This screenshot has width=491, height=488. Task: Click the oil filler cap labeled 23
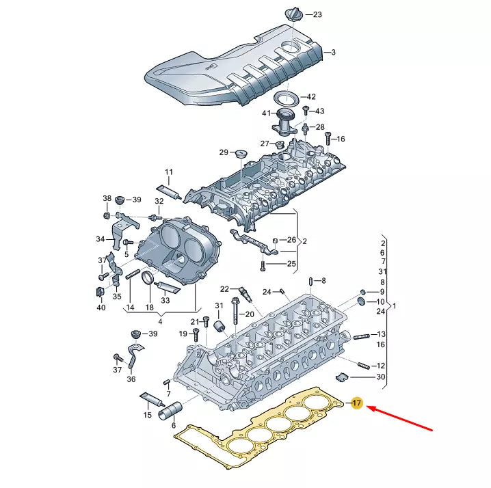click(x=290, y=14)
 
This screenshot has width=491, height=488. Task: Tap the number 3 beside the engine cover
click(x=334, y=52)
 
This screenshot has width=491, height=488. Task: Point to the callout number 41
click(x=267, y=113)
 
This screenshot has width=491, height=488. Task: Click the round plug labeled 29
click(x=240, y=152)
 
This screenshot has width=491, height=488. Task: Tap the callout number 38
click(x=107, y=199)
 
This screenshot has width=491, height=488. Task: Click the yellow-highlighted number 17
click(x=356, y=404)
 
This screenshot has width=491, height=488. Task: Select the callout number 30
click(x=381, y=377)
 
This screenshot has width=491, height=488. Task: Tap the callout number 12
click(x=381, y=366)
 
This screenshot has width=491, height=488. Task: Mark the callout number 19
click(x=183, y=334)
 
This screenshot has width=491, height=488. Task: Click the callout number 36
click(x=131, y=379)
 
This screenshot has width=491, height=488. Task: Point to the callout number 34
click(x=101, y=239)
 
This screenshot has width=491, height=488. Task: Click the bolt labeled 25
click(x=262, y=264)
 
